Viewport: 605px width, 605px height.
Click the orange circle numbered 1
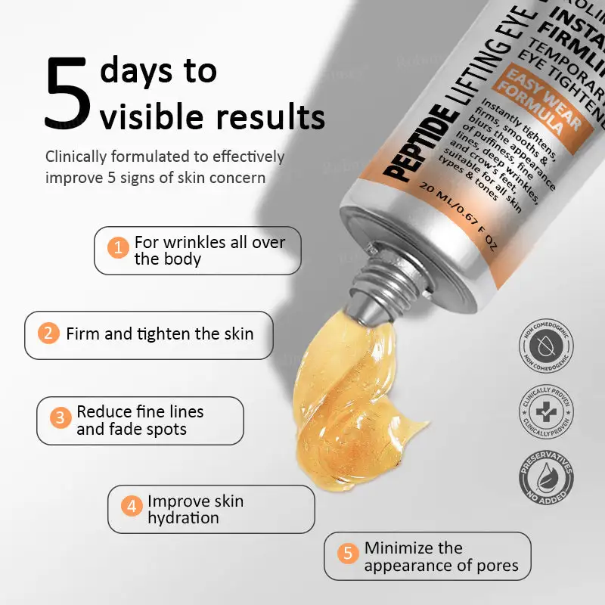click(x=118, y=247)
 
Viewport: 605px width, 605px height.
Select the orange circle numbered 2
click(x=48, y=334)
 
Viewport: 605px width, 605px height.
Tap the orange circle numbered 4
click(x=132, y=506)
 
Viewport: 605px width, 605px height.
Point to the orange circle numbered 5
click(x=348, y=553)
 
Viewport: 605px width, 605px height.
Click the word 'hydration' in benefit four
click(x=183, y=518)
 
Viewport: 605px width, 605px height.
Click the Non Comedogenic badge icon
click(x=545, y=346)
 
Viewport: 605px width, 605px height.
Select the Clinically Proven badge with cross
click(x=545, y=412)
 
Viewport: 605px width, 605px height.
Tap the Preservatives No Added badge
click(x=545, y=477)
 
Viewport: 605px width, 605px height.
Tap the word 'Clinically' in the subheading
click(x=82, y=157)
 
